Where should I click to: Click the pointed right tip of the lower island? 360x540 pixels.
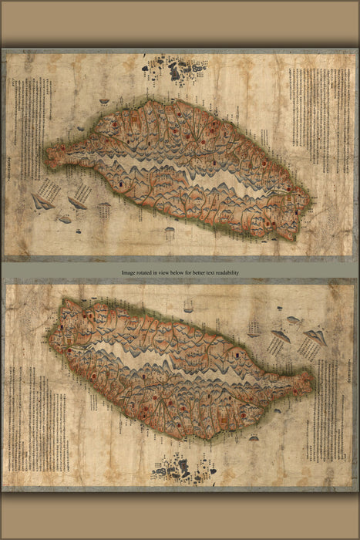312,380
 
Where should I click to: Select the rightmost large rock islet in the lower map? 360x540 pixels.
315,336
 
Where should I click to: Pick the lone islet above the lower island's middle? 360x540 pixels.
187,306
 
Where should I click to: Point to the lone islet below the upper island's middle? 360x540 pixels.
170,231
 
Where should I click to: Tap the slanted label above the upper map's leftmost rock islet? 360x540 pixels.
48,187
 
